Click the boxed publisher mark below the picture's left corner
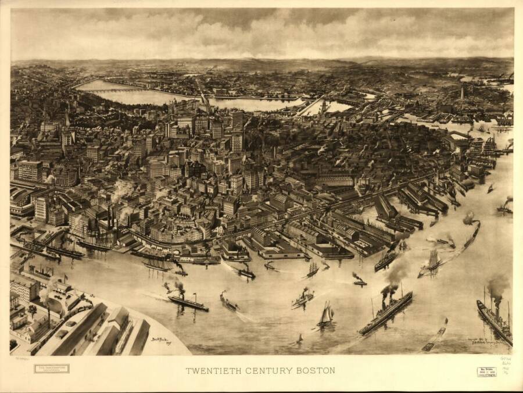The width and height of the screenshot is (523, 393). coord(51,369)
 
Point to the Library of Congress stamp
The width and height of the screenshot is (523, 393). coord(486,371)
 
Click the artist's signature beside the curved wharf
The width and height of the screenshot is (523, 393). coord(159,340)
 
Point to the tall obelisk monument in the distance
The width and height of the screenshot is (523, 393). coord(463,93)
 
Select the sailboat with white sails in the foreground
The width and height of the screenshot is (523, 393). coord(325,315)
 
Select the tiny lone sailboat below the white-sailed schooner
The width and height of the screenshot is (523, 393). coord(300,337)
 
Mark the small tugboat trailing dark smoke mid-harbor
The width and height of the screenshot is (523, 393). coord(359,281)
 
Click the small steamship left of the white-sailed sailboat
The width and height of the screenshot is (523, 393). coord(302,299)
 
